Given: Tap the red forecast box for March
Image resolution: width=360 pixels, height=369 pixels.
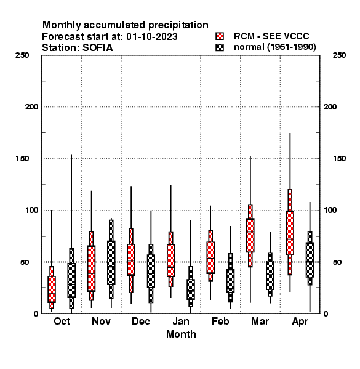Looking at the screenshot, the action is click(250, 236).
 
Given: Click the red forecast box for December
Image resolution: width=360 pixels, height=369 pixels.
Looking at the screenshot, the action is click(131, 260).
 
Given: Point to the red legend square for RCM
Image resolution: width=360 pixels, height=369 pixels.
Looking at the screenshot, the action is click(220, 36).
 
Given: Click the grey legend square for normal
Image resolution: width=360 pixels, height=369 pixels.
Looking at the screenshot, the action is click(220, 47).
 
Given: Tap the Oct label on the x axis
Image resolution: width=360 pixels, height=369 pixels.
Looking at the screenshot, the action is click(62, 321).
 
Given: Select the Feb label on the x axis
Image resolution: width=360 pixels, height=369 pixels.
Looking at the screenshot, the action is click(220, 321).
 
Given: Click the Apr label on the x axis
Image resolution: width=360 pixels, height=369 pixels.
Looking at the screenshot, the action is click(300, 322).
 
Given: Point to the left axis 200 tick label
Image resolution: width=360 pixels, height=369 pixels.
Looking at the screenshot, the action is click(31, 107).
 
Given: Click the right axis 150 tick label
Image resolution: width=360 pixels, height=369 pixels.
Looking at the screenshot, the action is click(339, 159).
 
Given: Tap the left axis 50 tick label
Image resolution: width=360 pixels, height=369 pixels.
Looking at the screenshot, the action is click(25, 262).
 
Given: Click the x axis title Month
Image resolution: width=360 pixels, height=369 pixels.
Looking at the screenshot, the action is click(181, 334).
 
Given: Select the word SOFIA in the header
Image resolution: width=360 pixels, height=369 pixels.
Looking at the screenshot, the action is click(98, 48).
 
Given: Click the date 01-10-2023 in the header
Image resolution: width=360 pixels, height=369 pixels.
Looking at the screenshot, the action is click(152, 37).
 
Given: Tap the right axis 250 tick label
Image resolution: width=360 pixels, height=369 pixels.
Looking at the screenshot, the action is click(339, 55).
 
